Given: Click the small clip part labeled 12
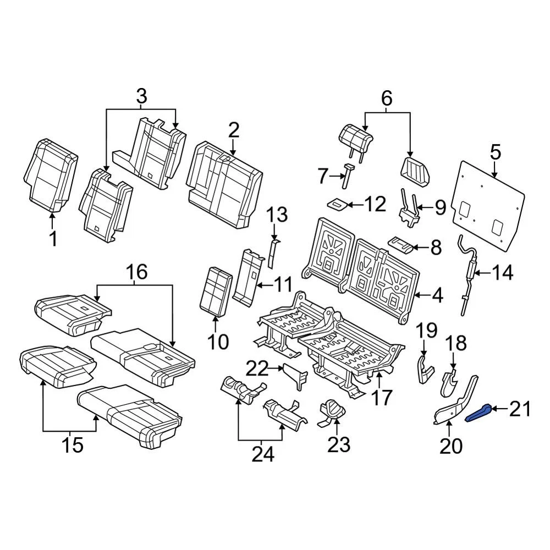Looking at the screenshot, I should click(337, 204).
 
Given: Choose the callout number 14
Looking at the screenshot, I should click(502, 272).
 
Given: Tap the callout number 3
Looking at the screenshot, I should click(141, 97).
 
